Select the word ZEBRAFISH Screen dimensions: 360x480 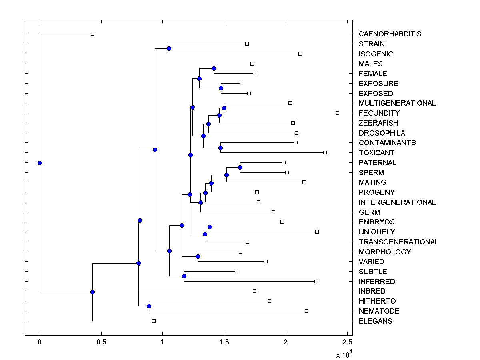click(378, 123)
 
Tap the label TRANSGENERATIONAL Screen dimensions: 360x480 click(398, 242)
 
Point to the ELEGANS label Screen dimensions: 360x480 click(376, 321)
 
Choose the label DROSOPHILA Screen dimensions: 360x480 click(382, 133)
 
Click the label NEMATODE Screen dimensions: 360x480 click(379, 311)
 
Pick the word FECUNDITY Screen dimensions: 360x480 click(379, 113)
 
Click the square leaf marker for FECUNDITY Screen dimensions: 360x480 click(337, 113)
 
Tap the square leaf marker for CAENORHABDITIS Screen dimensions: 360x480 click(92, 34)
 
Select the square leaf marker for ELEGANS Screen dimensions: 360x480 click(154, 321)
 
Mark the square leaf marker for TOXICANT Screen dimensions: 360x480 click(325, 152)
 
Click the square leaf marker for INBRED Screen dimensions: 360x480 click(254, 291)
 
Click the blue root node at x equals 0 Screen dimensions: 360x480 click(40, 163)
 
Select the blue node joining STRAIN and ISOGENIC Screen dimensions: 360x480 click(169, 48)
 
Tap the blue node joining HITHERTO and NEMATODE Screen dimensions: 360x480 click(149, 306)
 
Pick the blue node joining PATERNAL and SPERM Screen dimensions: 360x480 click(240, 167)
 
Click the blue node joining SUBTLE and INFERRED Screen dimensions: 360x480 click(184, 276)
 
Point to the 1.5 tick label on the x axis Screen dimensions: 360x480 click(224, 342)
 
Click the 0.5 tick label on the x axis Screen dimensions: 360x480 click(101, 342)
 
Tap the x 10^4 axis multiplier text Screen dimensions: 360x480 click(343, 354)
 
